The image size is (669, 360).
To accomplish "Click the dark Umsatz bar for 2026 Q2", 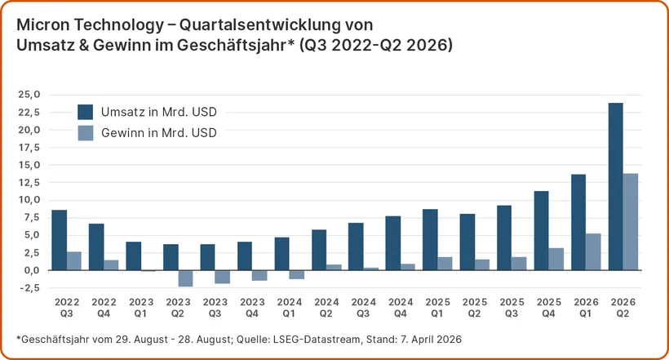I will [616, 186].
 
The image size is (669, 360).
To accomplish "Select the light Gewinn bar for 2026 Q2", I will [631, 221].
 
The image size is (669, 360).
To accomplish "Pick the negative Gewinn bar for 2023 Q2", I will [185, 278].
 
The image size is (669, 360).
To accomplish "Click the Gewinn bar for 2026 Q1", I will [593, 251].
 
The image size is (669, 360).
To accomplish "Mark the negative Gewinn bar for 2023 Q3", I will [222, 277].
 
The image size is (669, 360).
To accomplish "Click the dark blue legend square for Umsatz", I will [86, 112].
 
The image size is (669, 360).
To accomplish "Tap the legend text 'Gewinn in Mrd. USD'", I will [159, 133].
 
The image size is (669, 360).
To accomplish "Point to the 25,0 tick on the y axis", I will [29, 95].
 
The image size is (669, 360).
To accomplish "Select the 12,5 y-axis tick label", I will [29, 183].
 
